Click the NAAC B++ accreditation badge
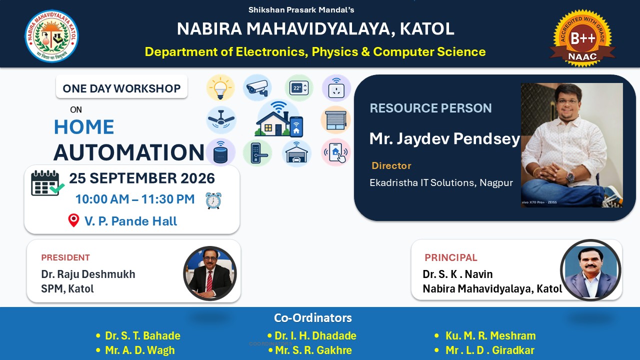click(582, 38)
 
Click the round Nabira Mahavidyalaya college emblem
click(51, 36)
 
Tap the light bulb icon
click(220, 88)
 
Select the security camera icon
click(257, 87)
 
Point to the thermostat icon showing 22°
click(299, 88)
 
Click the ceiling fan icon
click(221, 120)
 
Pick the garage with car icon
click(296, 153)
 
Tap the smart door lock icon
click(257, 153)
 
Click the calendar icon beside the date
click(47, 183)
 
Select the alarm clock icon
click(213, 200)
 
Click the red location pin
click(73, 220)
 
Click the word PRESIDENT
click(65, 257)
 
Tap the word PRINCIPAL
click(451, 257)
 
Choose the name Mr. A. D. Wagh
click(139, 350)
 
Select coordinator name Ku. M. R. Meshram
click(490, 335)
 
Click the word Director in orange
click(391, 165)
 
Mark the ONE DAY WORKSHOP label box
click(121, 87)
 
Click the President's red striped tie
click(209, 281)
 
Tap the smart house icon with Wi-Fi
click(279, 119)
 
